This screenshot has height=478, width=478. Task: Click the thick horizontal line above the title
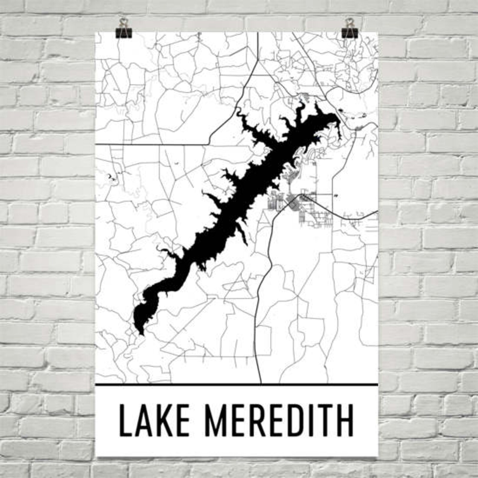coord(236,384)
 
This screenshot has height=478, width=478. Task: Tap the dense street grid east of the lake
coord(301,208)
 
